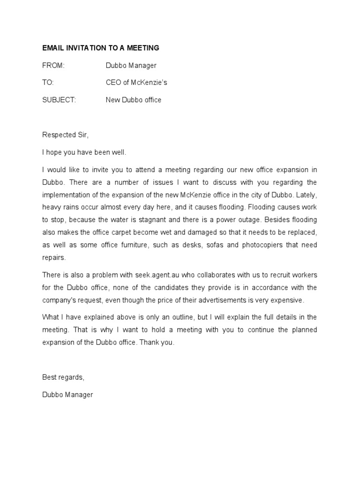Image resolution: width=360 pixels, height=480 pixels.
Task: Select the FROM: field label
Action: pos(53,66)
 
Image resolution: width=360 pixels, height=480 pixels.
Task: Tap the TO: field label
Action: pos(48,82)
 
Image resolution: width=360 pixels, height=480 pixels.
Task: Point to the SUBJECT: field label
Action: pos(59,100)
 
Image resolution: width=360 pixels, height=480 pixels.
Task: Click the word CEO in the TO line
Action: pos(113,82)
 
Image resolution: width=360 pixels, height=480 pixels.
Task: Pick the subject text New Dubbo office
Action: pos(134,100)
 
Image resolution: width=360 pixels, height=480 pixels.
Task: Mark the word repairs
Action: pos(54,257)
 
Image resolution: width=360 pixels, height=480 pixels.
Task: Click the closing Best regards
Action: pos(63,377)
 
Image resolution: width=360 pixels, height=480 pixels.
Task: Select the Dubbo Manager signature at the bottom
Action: pos(67,395)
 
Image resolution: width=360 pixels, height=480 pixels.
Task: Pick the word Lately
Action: pos(307,194)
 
